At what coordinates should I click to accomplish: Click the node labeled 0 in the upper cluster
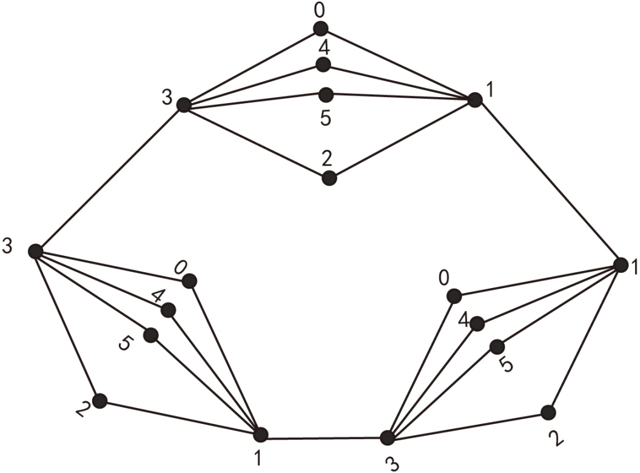pos(320,29)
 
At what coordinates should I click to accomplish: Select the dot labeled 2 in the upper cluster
pos(329,178)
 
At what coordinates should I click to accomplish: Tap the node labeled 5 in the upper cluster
pos(326,95)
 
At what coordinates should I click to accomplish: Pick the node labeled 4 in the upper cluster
pos(323,64)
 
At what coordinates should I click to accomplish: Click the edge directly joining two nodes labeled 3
pos(109,178)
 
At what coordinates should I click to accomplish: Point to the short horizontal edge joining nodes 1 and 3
pos(323,437)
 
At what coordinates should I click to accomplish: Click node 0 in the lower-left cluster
pos(189,281)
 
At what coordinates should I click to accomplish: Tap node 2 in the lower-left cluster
pos(99,401)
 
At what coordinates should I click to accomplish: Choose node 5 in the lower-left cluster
pos(151,335)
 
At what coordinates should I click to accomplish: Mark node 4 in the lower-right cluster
pos(477,324)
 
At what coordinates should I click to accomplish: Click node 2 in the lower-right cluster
pos(548,412)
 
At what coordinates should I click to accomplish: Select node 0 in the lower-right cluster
pos(454,296)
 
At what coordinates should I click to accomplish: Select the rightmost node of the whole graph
pos(621,265)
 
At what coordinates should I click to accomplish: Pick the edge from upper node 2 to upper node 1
pos(402,139)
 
